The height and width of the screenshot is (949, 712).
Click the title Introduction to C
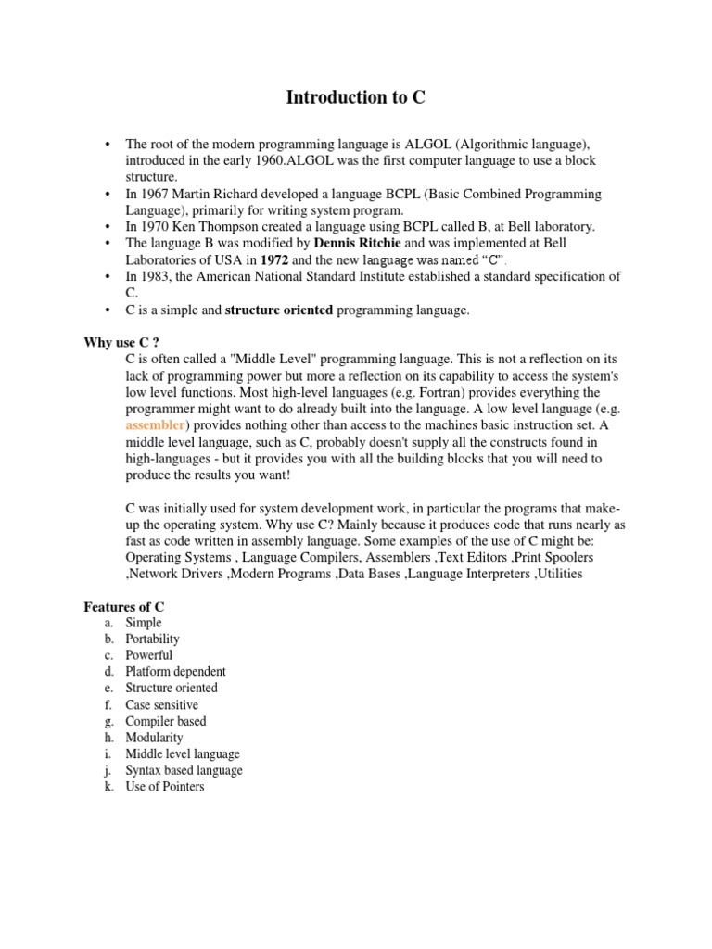point(356,97)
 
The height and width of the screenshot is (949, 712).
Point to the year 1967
point(156,194)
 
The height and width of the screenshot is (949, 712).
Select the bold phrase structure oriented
point(279,310)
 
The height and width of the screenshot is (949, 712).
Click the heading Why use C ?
point(116,342)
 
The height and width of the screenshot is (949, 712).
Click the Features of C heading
point(124,606)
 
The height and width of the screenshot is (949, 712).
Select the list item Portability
point(153,639)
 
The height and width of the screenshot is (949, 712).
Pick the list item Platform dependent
point(176,671)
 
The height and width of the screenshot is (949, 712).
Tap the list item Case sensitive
point(162,704)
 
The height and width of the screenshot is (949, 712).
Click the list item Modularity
point(155,738)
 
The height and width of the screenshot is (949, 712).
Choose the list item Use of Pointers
point(165,787)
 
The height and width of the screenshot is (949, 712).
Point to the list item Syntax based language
point(184,770)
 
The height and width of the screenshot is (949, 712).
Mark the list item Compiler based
point(166,721)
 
